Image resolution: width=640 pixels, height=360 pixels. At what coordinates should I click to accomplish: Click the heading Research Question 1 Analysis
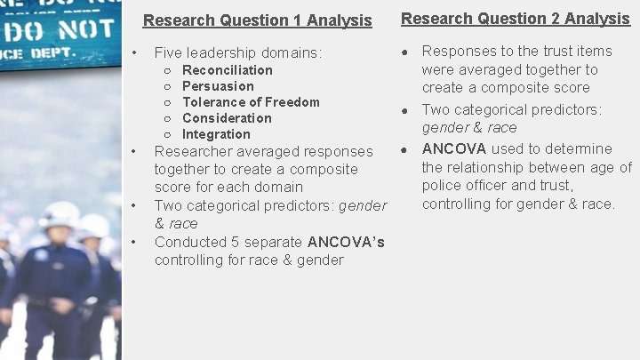click(257, 20)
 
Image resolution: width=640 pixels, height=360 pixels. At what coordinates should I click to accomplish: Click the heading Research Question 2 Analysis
click(516, 19)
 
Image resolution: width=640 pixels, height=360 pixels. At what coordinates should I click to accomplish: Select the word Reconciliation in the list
click(228, 70)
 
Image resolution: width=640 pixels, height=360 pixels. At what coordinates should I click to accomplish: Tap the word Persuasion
click(218, 86)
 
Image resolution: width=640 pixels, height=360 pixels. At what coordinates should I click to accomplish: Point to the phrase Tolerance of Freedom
click(251, 102)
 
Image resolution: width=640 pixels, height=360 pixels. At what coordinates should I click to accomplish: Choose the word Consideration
click(227, 118)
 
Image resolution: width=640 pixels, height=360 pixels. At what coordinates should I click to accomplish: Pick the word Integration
click(216, 134)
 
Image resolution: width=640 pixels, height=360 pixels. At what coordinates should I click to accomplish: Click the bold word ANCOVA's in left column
click(346, 242)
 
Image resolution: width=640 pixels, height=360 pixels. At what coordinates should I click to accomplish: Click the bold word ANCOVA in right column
click(453, 148)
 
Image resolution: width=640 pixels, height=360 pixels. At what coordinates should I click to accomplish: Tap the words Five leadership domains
click(237, 53)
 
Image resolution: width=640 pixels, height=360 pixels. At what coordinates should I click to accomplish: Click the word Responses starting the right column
click(457, 51)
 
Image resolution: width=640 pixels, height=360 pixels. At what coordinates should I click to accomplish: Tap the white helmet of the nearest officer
click(60, 214)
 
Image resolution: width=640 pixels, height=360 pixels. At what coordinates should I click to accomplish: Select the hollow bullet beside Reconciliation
click(168, 70)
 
